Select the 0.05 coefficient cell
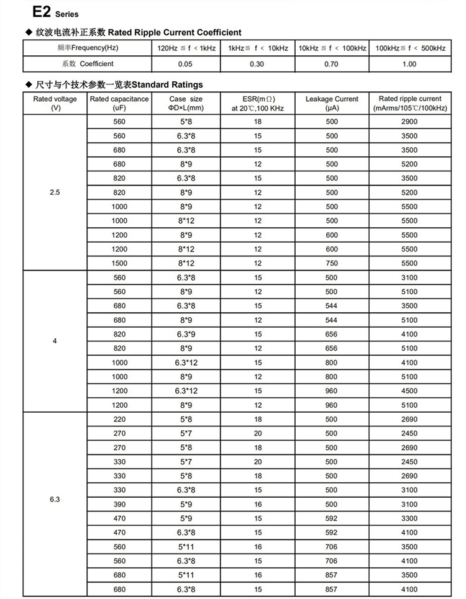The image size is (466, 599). click(x=185, y=64)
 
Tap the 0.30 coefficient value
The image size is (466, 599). click(x=257, y=64)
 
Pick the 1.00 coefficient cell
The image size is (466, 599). click(x=409, y=64)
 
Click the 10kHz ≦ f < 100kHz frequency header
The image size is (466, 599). click(x=332, y=48)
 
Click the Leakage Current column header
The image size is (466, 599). click(x=332, y=103)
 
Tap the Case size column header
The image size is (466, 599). click(x=186, y=103)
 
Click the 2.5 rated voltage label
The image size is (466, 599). click(x=55, y=192)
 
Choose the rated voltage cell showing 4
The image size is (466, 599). click(x=55, y=341)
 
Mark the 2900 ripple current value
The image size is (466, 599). click(x=409, y=122)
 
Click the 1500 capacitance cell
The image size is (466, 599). click(x=119, y=263)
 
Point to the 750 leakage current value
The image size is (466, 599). click(x=332, y=263)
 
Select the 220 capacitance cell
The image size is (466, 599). click(x=119, y=419)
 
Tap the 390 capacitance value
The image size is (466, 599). click(x=119, y=504)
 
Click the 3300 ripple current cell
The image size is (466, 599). click(x=409, y=518)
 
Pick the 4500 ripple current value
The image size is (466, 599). click(x=409, y=391)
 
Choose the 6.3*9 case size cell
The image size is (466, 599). click(x=186, y=334)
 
